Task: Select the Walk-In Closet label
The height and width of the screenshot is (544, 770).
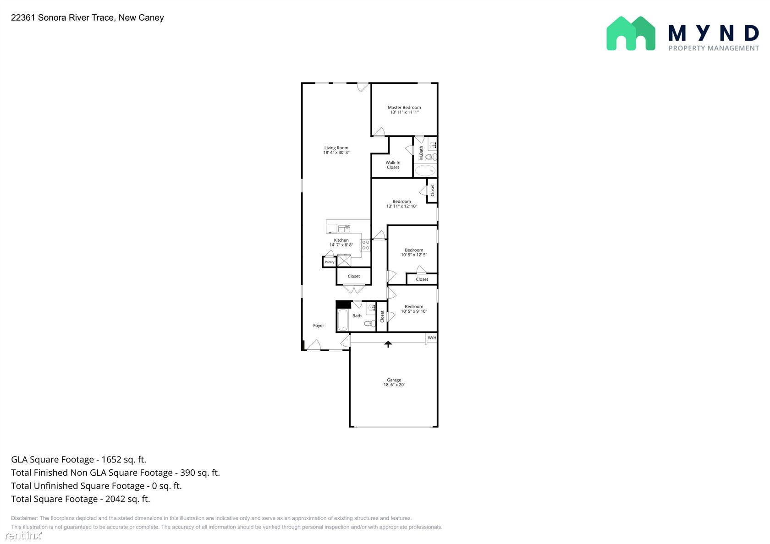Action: pyautogui.click(x=393, y=165)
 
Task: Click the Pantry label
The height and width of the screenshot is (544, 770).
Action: pyautogui.click(x=329, y=262)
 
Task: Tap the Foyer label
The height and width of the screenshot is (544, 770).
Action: pyautogui.click(x=319, y=326)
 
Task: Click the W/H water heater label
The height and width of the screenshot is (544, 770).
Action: pyautogui.click(x=432, y=338)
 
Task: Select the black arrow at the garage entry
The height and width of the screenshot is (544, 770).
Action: pyautogui.click(x=388, y=344)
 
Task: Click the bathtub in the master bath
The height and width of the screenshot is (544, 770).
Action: pyautogui.click(x=425, y=170)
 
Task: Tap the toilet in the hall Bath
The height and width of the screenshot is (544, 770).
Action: pyautogui.click(x=369, y=323)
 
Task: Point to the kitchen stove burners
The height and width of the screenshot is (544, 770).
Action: pyautogui.click(x=365, y=245)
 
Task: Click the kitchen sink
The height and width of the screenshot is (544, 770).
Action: pyautogui.click(x=344, y=228)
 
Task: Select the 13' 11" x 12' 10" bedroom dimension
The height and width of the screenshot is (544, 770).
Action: pyautogui.click(x=402, y=207)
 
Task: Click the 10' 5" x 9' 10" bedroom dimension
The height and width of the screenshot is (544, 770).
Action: pyautogui.click(x=414, y=311)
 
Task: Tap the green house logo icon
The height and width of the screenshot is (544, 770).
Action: pyautogui.click(x=631, y=34)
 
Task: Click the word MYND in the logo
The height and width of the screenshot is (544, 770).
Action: pyautogui.click(x=714, y=33)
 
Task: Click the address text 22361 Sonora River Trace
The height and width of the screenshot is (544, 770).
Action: pyautogui.click(x=62, y=17)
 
